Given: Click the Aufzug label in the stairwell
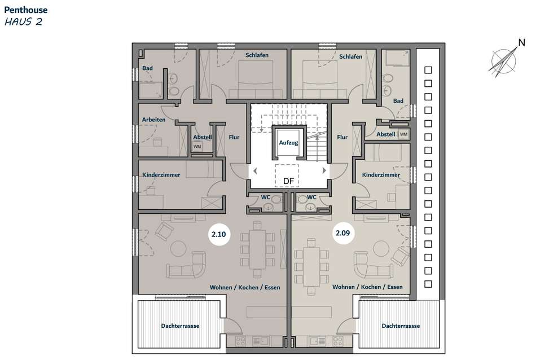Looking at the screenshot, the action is point(288,143).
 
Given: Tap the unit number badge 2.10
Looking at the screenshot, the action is point(219,234).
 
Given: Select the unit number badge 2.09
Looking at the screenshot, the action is point(343,233).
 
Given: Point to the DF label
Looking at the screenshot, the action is point(288,181).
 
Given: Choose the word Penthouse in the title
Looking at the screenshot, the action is point(26,10).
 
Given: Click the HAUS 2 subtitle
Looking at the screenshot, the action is point(23,22).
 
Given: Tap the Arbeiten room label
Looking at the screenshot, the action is point(153,120).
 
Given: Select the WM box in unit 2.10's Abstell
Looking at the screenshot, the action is point(197,147).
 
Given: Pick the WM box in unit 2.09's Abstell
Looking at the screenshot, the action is point(404,134).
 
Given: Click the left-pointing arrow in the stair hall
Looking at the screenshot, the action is point(254,170).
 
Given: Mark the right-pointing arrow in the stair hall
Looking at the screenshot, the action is point(324,170).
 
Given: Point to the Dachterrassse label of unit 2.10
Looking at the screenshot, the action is point(180,326).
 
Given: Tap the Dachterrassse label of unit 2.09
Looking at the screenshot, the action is point(401,326).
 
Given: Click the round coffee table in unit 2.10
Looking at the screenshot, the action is point(178,248).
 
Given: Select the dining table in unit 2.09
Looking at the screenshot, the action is point(311,267).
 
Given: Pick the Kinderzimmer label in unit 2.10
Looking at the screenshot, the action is point(161,175).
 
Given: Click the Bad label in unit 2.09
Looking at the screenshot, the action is point(398,101).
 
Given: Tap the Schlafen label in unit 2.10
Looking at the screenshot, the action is point(257,55).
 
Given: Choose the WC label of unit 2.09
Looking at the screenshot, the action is point(311,197).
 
